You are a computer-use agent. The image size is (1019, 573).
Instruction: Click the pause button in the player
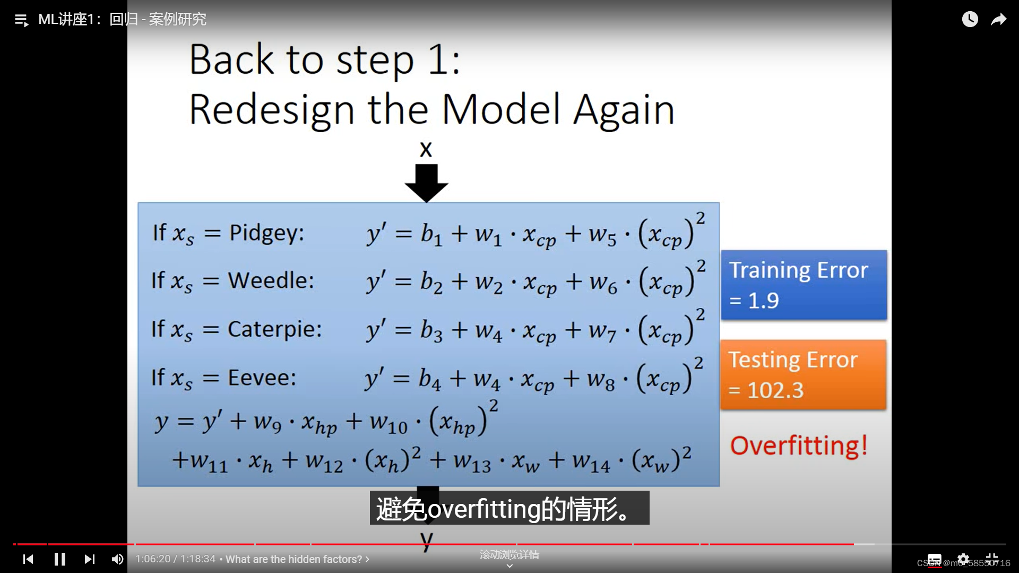(x=60, y=559)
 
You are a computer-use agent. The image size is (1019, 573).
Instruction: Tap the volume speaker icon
(x=117, y=559)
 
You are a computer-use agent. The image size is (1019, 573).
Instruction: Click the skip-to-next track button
(x=90, y=559)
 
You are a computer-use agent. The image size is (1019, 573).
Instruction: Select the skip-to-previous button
(x=28, y=559)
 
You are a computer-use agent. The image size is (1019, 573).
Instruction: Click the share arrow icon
(x=999, y=20)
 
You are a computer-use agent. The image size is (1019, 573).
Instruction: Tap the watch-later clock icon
(x=970, y=19)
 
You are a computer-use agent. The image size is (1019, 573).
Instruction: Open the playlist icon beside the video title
(x=21, y=20)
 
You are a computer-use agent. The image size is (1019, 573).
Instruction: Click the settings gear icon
(x=963, y=559)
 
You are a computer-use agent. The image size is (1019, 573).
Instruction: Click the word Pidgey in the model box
(x=266, y=233)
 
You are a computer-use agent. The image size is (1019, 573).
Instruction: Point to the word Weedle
(x=271, y=280)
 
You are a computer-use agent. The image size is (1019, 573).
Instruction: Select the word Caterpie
(x=274, y=330)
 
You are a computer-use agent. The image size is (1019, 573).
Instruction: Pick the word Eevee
(x=262, y=378)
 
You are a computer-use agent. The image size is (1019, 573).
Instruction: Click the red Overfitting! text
(x=799, y=446)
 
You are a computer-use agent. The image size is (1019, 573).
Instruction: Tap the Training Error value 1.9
(x=763, y=301)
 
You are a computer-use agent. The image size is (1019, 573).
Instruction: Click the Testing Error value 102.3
(x=775, y=390)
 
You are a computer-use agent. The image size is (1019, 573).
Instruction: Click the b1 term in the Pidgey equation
(x=431, y=234)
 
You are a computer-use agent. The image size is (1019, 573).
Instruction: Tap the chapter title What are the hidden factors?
(x=294, y=559)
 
